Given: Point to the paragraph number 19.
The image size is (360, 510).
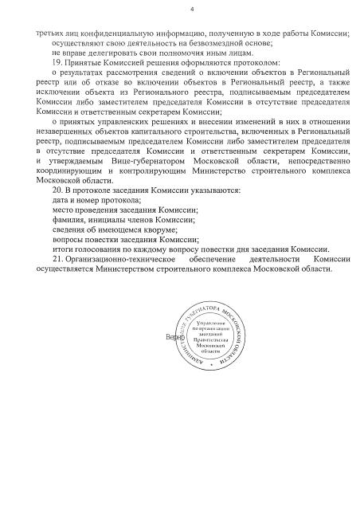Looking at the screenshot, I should point(56,62).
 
